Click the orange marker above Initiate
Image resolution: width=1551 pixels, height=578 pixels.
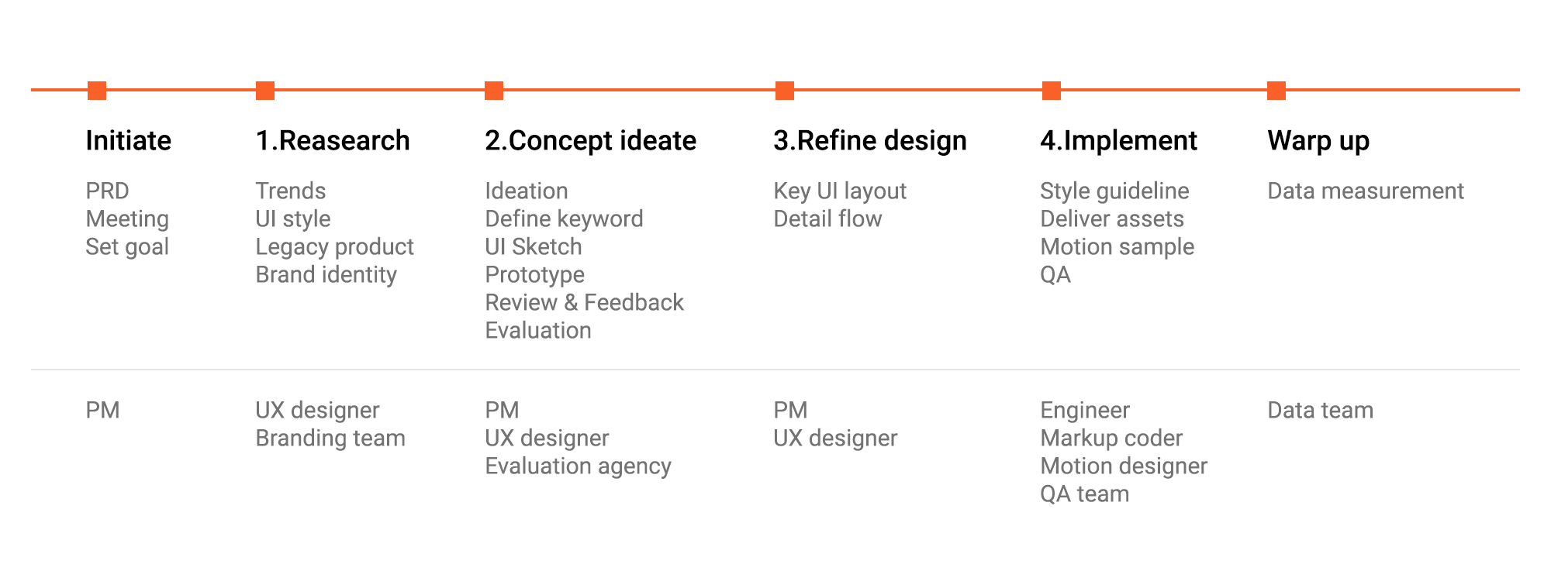(x=97, y=91)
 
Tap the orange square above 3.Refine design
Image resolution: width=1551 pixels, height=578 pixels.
(x=785, y=91)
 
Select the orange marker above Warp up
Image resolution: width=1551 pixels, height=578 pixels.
(x=1276, y=91)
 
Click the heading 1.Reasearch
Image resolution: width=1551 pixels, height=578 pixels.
(x=333, y=140)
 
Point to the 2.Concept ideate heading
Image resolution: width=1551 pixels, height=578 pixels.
(x=590, y=140)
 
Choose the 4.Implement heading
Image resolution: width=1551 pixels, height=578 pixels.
(x=1118, y=140)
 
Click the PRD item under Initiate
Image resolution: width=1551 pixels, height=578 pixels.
(x=107, y=191)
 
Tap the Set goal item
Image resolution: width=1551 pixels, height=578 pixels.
(x=127, y=247)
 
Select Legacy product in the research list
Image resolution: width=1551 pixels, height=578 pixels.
(x=335, y=247)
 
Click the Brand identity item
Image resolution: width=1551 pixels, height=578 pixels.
(x=326, y=275)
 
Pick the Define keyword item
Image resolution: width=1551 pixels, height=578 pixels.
(x=564, y=219)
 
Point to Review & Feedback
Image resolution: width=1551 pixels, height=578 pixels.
(x=584, y=302)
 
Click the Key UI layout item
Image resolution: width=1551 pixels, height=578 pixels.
(x=840, y=191)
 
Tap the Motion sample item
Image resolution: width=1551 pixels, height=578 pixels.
(x=1117, y=247)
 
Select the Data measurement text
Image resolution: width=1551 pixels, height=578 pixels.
(x=1366, y=191)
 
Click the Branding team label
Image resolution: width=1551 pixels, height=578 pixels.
(x=330, y=439)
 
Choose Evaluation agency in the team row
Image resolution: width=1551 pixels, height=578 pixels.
(x=578, y=466)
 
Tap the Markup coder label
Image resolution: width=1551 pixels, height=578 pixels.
(x=1111, y=439)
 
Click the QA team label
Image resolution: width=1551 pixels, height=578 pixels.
(x=1084, y=494)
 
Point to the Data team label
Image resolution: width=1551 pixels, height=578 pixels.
(x=1320, y=410)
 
